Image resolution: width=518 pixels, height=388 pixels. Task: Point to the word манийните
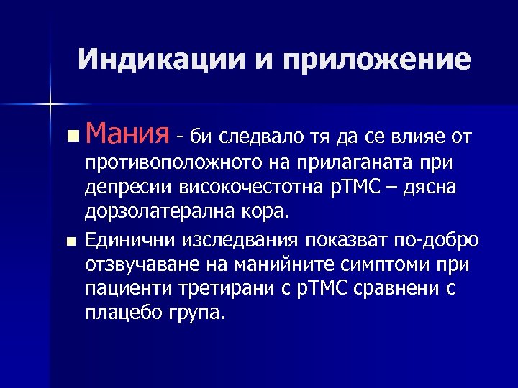(x=276, y=264)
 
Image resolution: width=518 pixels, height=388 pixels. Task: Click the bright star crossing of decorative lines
(x=51, y=103)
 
